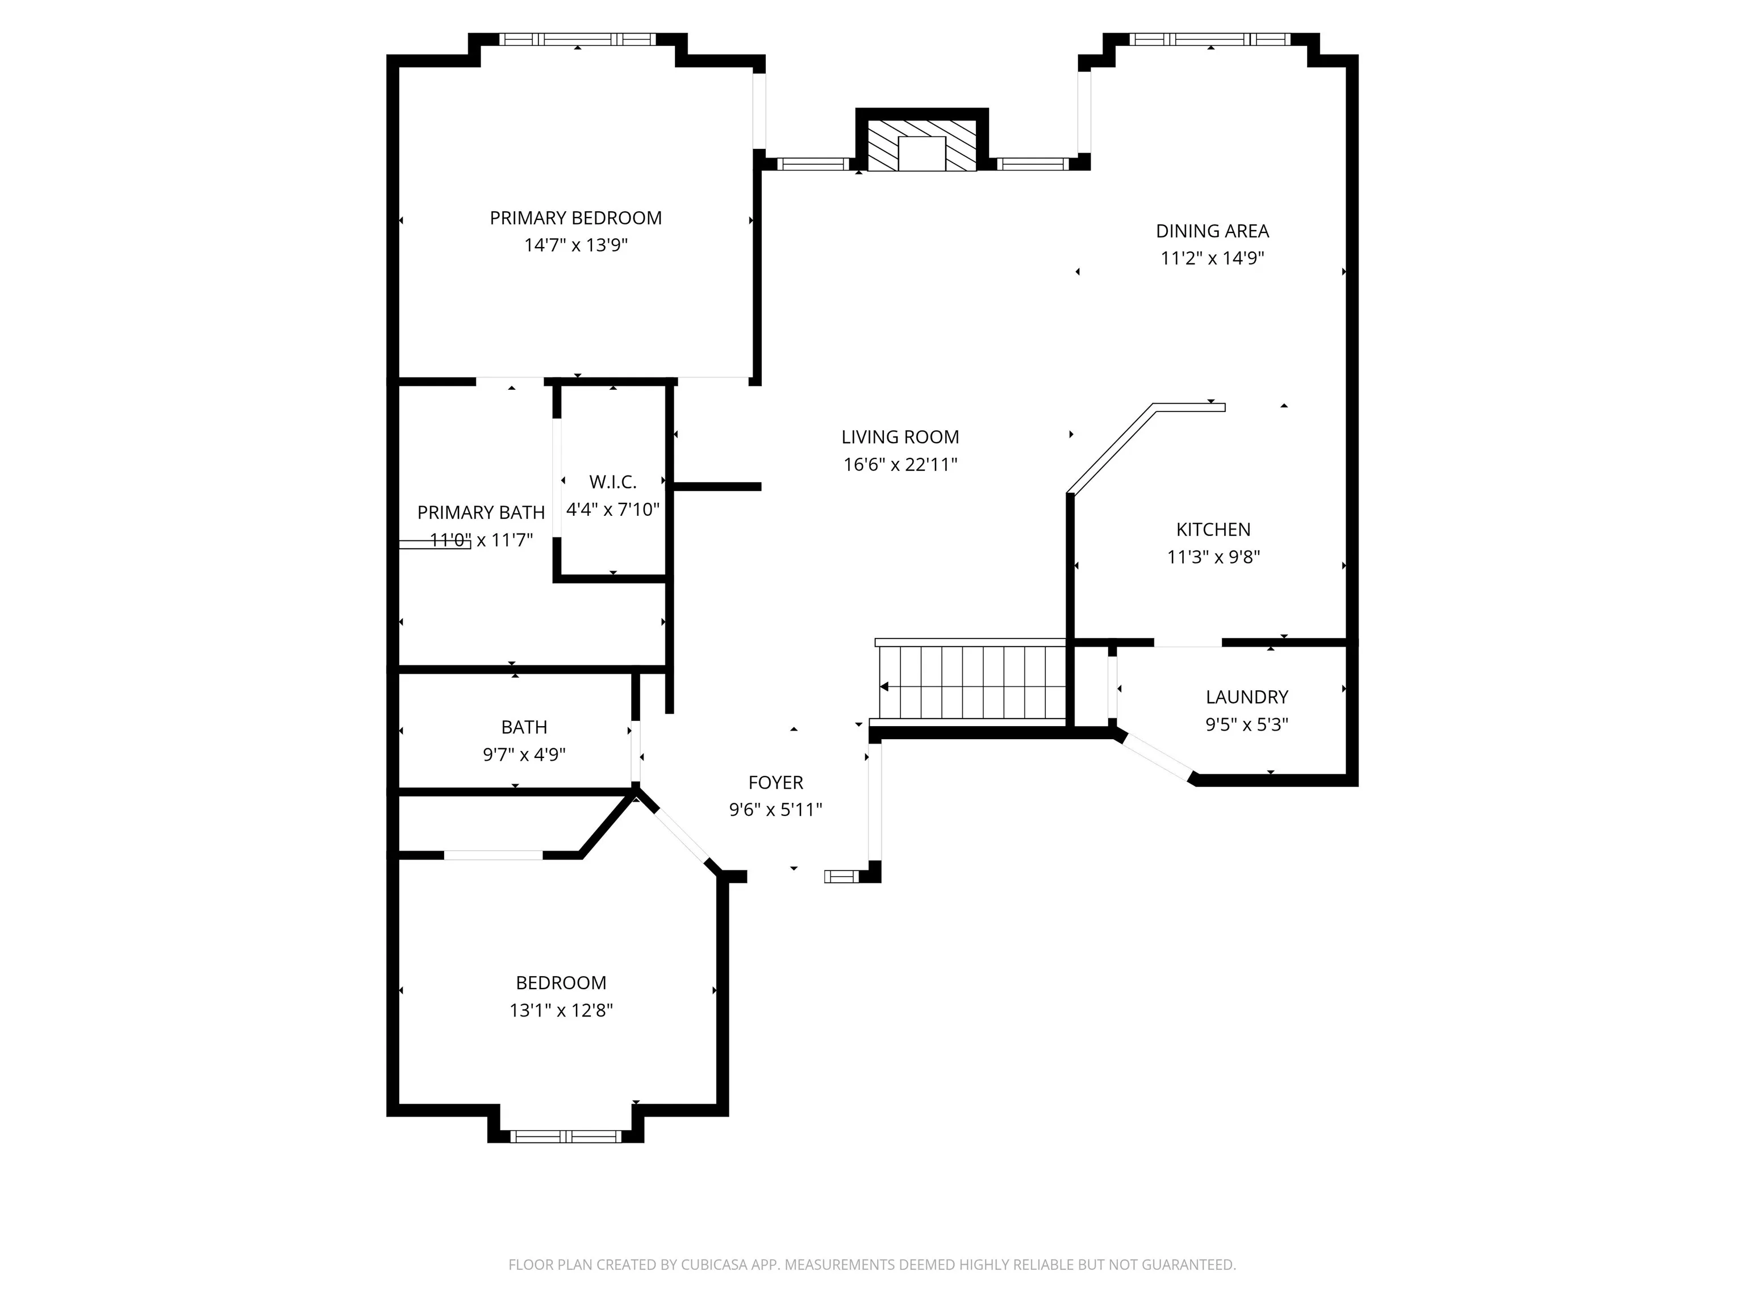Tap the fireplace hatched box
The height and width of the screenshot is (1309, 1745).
pyautogui.click(x=921, y=146)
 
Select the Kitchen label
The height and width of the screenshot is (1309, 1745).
pyautogui.click(x=1213, y=530)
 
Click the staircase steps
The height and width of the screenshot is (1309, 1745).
pyautogui.click(x=972, y=682)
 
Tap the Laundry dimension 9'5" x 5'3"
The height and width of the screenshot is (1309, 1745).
pyautogui.click(x=1246, y=724)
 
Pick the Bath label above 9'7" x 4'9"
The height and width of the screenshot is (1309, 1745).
pyautogui.click(x=524, y=727)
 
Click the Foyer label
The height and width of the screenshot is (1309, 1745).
pyautogui.click(x=775, y=783)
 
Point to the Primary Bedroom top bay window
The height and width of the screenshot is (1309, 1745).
pyautogui.click(x=578, y=39)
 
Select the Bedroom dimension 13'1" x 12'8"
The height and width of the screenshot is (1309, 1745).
pyautogui.click(x=561, y=1011)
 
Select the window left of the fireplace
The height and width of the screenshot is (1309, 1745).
pyautogui.click(x=812, y=164)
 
